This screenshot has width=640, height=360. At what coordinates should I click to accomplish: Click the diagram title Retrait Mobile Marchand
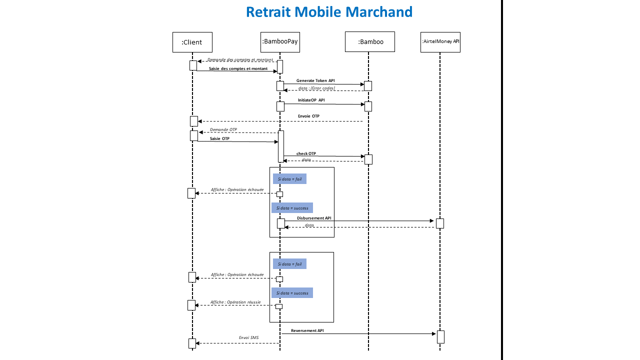[x=329, y=12]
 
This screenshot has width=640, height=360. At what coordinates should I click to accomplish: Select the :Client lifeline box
[x=192, y=42]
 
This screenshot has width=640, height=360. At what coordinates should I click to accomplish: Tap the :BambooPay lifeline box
[x=280, y=42]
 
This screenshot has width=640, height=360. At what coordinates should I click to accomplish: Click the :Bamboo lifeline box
[x=370, y=42]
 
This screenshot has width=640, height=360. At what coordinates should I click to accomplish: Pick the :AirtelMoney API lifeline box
[x=440, y=42]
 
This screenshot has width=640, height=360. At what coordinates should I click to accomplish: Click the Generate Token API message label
[x=315, y=80]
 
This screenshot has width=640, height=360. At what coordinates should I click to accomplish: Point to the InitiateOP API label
[x=311, y=100]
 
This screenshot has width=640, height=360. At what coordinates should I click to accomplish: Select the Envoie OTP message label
[x=308, y=116]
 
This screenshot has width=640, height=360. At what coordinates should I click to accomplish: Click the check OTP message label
[x=306, y=153]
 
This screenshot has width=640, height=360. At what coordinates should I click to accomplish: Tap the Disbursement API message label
[x=314, y=218]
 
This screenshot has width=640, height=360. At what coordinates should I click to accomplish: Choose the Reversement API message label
[x=307, y=330]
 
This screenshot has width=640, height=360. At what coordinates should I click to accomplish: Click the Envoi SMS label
[x=248, y=338]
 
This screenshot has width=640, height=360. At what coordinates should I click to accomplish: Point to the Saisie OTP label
[x=219, y=138]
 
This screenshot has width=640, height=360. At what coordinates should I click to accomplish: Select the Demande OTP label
[x=223, y=129]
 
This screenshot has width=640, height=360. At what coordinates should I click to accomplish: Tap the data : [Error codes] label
[x=316, y=88]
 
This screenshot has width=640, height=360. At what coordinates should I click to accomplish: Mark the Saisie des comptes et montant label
[x=238, y=68]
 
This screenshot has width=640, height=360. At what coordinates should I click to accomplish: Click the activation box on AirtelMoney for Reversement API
[x=440, y=337]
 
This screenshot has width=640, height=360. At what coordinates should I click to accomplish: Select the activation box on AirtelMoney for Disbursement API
[x=440, y=223]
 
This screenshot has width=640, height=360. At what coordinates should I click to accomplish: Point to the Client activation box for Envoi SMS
[x=192, y=343]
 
